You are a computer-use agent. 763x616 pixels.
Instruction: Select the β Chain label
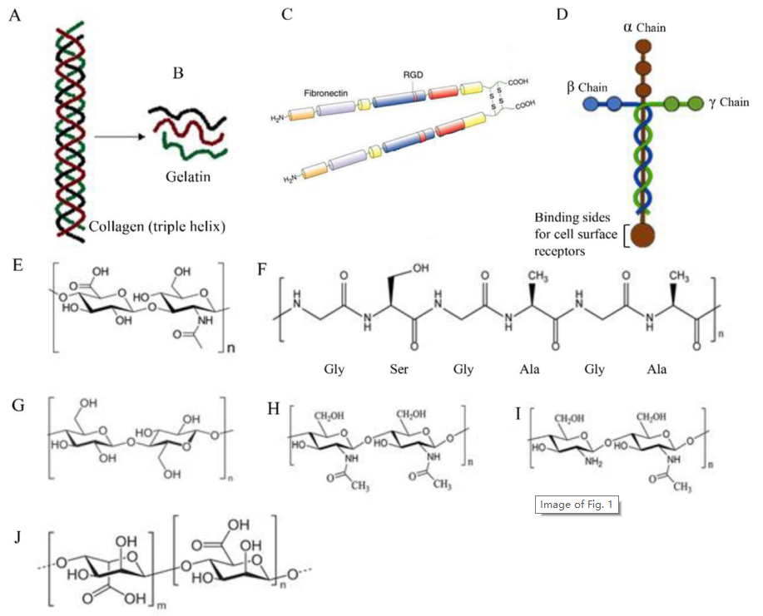587,87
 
